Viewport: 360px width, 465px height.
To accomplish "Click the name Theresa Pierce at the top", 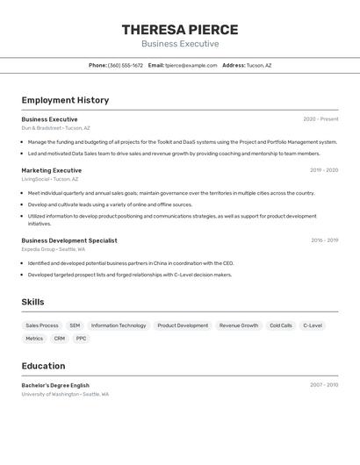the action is (180, 29).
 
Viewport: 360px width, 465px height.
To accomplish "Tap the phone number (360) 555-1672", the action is (126, 65).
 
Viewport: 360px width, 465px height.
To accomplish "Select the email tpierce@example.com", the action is (191, 65).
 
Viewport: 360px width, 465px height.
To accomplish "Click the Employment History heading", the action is (65, 100).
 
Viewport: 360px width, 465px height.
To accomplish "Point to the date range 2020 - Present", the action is (320, 119).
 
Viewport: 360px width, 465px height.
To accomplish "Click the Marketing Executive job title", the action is (52, 170).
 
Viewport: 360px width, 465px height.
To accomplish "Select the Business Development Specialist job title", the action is (69, 240).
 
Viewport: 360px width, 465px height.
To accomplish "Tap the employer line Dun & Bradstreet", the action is (55, 128).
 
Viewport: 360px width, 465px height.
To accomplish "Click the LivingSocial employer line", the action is (50, 179).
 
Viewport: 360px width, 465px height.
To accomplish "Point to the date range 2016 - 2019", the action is (324, 240).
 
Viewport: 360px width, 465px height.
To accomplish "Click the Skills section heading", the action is (33, 302).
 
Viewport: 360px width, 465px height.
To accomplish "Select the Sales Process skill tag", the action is (42, 325).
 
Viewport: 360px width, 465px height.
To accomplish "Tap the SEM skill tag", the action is (75, 325).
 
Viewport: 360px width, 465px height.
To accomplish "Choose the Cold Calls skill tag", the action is (281, 325).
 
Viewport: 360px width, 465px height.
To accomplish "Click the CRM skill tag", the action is (60, 338).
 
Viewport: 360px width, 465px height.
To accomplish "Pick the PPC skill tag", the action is (81, 338).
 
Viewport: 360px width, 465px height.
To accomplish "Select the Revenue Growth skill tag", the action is (239, 325).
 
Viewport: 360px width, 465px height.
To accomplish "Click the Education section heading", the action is (44, 366).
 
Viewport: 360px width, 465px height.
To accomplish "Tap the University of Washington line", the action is (65, 394).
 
